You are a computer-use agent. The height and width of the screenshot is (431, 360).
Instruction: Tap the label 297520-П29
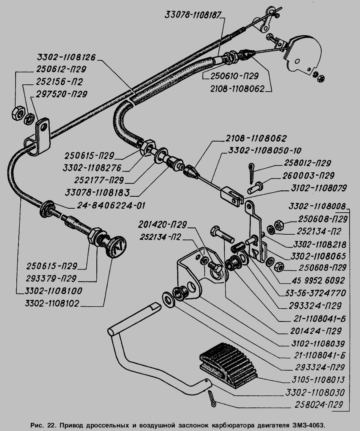pos(61,94)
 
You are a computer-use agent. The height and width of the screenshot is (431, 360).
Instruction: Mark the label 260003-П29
pos(305,175)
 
